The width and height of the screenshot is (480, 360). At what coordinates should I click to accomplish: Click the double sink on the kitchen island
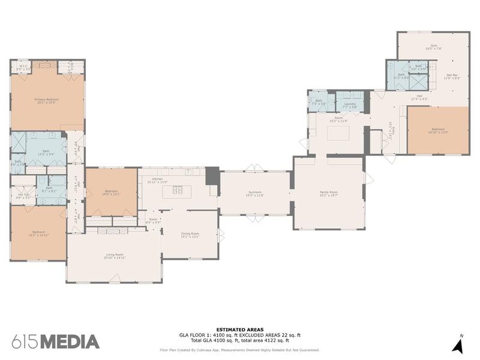[178, 190]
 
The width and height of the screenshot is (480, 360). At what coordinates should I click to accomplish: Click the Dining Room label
[190, 235]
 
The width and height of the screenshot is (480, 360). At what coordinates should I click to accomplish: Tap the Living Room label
[114, 256]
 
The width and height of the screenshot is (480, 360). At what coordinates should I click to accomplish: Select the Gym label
[434, 46]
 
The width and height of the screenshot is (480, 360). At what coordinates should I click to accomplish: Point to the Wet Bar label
[451, 77]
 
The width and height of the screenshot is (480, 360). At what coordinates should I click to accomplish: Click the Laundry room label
[350, 105]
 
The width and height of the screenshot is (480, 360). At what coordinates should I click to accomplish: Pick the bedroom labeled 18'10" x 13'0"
[438, 130]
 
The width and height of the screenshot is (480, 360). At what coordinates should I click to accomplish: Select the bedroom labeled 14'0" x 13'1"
[112, 193]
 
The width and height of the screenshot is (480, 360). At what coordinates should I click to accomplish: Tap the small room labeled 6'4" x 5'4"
[153, 221]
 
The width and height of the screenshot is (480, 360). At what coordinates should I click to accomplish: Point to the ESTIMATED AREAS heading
[239, 329]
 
